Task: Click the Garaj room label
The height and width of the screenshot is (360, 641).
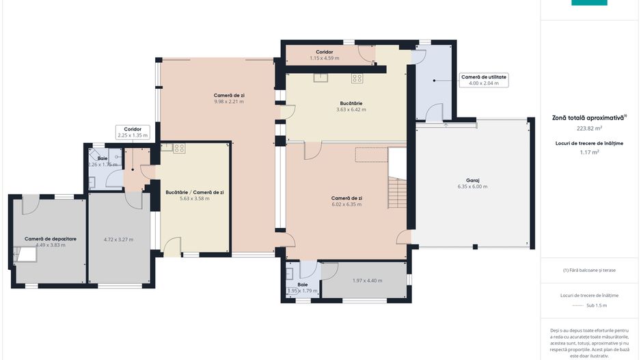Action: (x=473, y=180)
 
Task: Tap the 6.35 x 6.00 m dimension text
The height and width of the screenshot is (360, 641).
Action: (x=473, y=186)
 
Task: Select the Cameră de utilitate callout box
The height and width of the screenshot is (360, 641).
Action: (x=484, y=80)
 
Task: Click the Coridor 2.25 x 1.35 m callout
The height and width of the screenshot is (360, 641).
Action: (x=133, y=132)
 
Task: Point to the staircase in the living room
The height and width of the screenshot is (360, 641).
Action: (x=397, y=193)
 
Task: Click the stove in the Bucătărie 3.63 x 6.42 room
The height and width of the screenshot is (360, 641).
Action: (x=357, y=78)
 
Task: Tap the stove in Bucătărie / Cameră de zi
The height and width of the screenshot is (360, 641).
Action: (x=179, y=148)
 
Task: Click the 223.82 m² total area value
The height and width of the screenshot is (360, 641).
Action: (x=589, y=128)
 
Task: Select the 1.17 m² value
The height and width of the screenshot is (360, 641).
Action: (x=589, y=152)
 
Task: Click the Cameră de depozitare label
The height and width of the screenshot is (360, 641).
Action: (x=51, y=238)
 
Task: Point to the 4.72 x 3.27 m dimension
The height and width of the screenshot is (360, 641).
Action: (x=118, y=240)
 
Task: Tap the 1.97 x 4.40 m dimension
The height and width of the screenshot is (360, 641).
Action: (x=368, y=281)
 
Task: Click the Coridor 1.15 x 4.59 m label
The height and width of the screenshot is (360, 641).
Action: (x=324, y=55)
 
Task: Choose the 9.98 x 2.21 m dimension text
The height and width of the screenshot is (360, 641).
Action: (x=229, y=101)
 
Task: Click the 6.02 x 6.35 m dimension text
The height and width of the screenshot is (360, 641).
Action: (x=346, y=204)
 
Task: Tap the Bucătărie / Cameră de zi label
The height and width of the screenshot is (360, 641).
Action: (x=195, y=193)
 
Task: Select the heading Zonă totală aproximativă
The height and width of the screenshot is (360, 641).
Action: (x=588, y=117)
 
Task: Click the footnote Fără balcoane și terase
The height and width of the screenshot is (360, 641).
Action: (x=589, y=270)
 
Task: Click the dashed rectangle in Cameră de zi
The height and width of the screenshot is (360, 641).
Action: (x=371, y=155)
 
